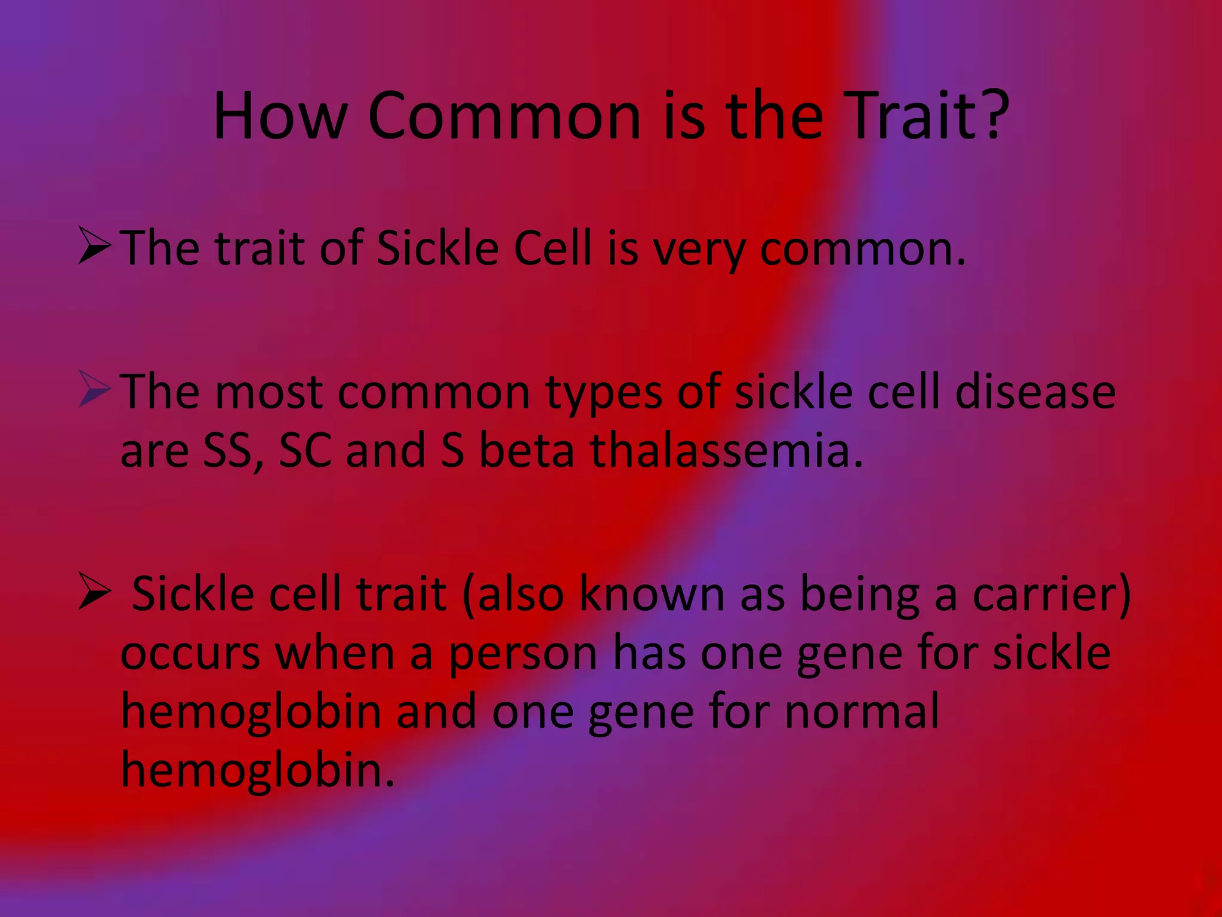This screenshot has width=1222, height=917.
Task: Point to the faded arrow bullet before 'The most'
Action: [x=94, y=389]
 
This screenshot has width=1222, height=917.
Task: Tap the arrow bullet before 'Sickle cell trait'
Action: [x=94, y=592]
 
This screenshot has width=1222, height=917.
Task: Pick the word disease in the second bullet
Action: [x=1035, y=392]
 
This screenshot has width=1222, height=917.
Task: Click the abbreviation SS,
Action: [x=233, y=451]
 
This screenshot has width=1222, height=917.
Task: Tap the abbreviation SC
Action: [x=305, y=451]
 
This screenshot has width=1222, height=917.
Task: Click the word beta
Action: [x=526, y=451]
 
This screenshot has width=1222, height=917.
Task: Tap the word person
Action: [x=523, y=654]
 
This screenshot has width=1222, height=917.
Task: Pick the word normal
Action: [x=862, y=712]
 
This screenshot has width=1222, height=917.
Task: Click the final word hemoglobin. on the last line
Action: [x=257, y=771]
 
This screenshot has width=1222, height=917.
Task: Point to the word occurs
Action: [x=190, y=654]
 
